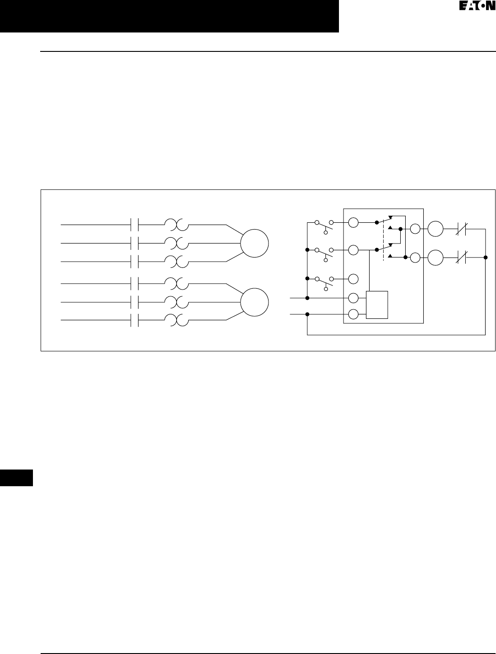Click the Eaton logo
474,7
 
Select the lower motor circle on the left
254,302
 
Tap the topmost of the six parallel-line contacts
134,224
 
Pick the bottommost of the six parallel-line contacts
134,320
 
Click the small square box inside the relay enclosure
377,305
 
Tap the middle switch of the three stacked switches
324,253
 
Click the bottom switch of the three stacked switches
324,281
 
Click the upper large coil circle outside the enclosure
436,229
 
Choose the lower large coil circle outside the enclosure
436,258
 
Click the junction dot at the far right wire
486,258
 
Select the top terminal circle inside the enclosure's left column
353,222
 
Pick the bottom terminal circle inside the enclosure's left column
353,314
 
